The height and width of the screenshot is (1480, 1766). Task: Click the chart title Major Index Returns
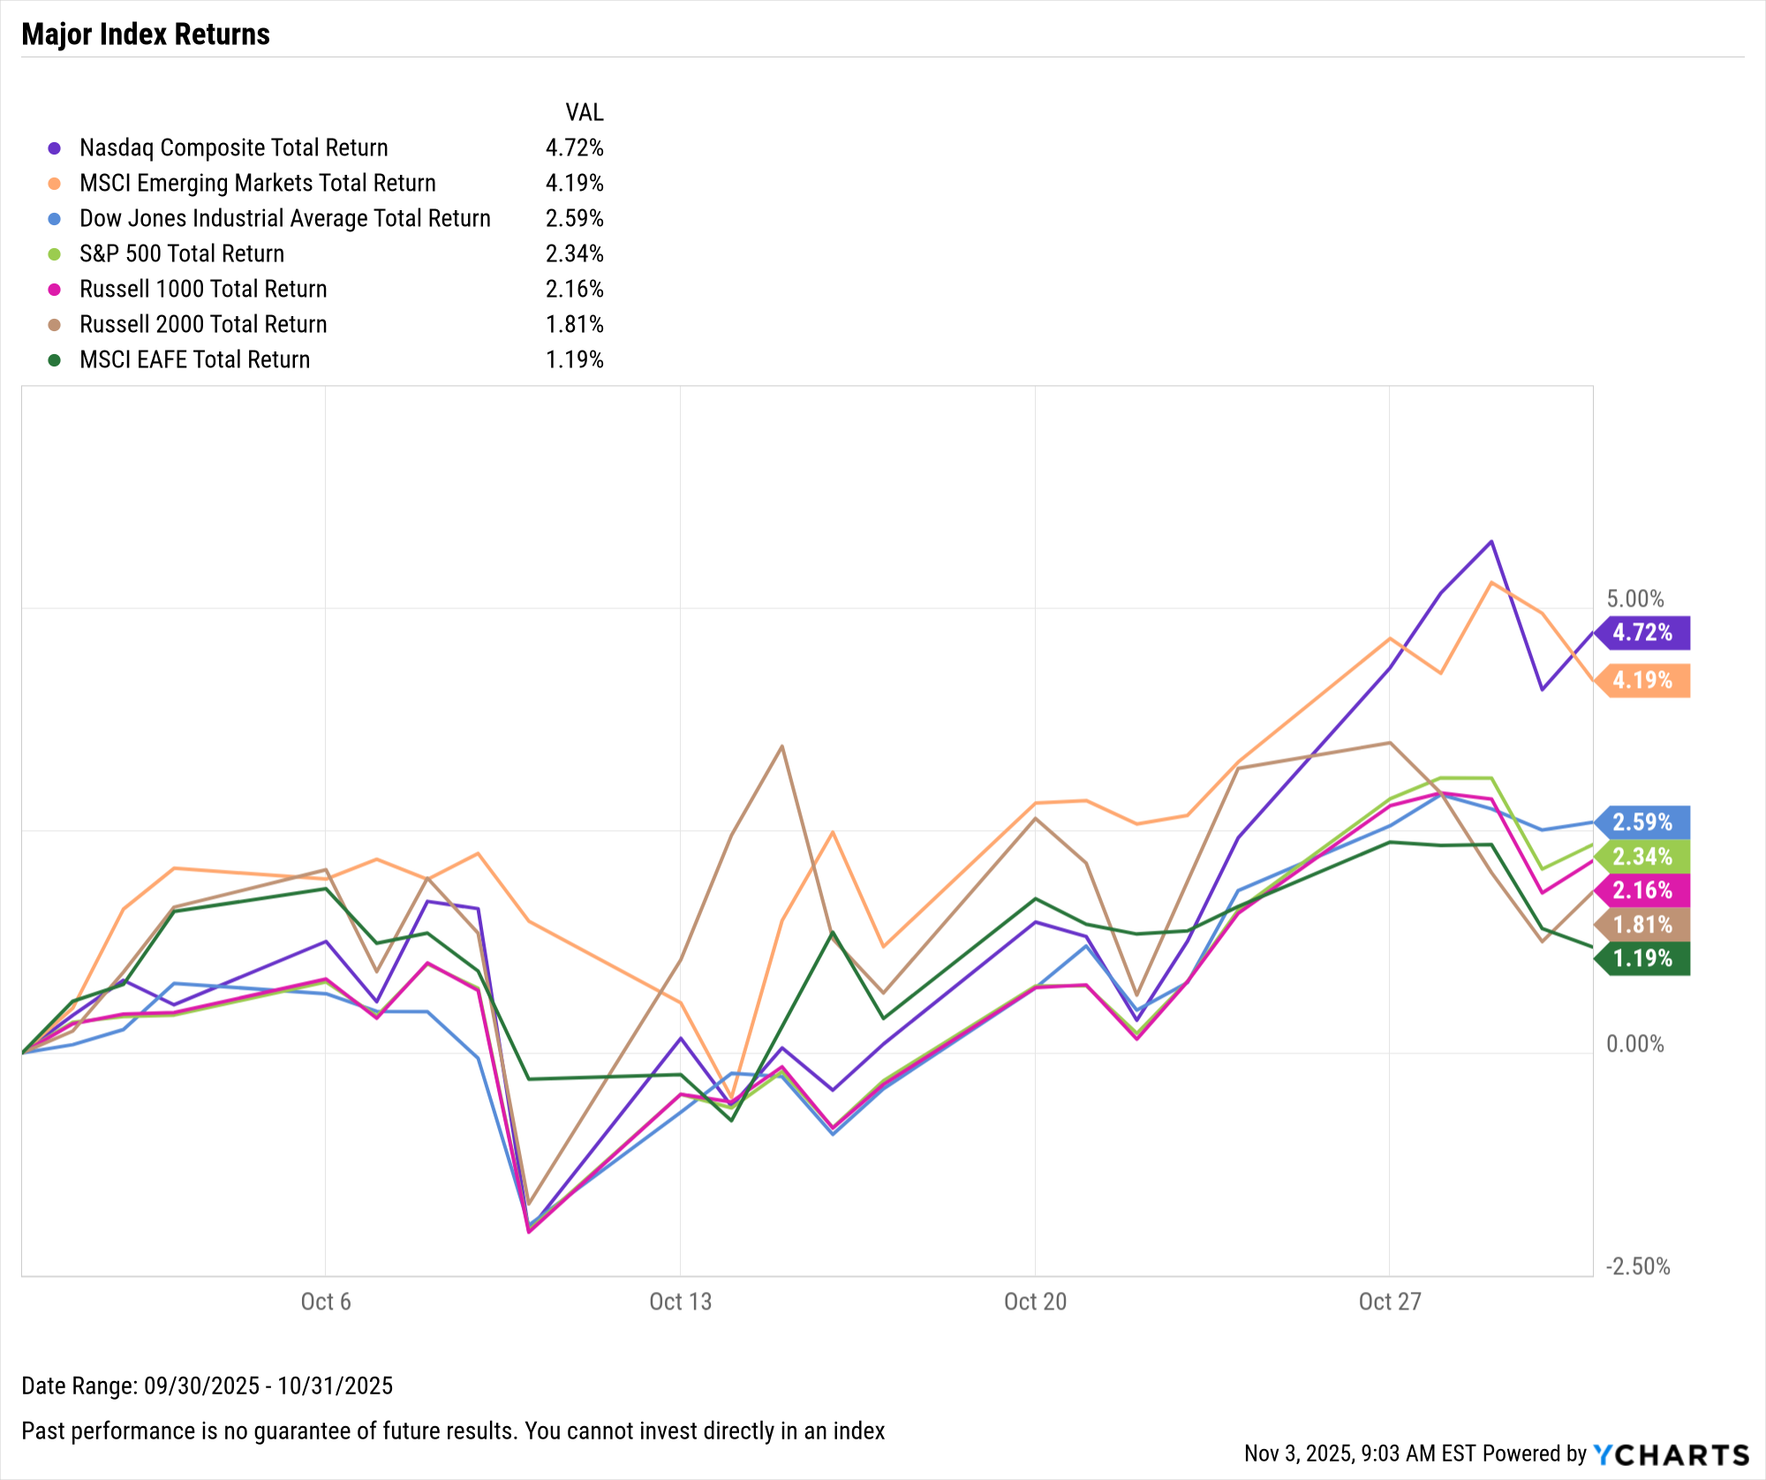point(146,34)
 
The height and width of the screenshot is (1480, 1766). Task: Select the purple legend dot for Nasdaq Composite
point(55,148)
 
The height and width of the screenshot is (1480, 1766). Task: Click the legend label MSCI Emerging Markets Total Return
point(257,183)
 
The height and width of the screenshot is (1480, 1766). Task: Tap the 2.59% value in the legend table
point(574,218)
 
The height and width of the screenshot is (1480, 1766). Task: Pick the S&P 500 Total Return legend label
point(182,253)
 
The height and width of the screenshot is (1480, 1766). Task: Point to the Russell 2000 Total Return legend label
point(203,324)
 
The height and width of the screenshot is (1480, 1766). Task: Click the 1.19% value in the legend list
point(574,359)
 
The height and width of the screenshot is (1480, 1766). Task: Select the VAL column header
point(584,112)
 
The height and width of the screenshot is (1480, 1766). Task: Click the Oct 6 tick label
point(326,1302)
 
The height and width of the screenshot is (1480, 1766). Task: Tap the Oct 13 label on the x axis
point(680,1302)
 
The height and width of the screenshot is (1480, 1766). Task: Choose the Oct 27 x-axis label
point(1390,1302)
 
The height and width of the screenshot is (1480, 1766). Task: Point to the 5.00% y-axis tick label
point(1634,599)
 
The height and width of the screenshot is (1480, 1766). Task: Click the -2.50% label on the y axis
point(1637,1266)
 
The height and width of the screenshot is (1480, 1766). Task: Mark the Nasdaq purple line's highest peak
point(1491,541)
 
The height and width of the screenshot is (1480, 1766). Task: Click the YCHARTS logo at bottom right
point(1671,1454)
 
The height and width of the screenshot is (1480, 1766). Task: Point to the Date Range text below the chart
point(207,1386)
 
